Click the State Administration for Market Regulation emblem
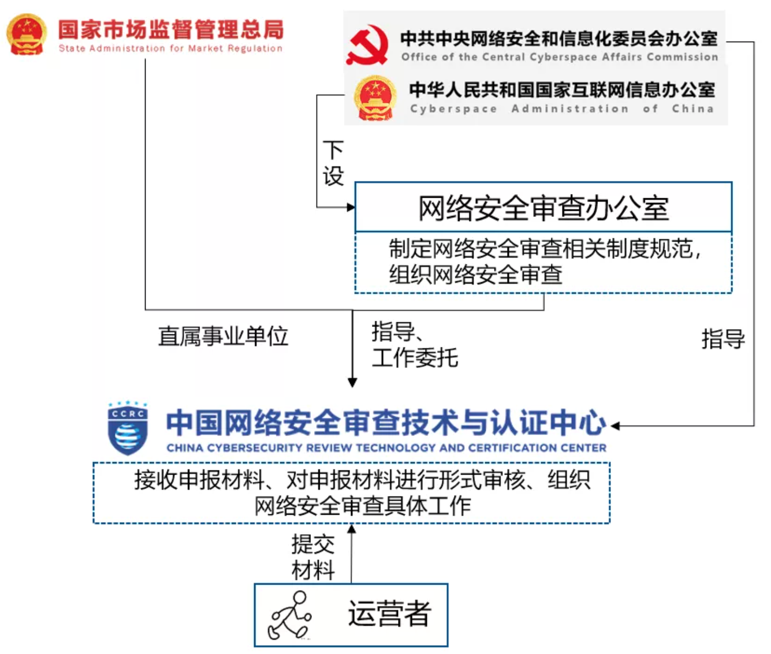point(26,34)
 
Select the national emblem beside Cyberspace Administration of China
point(375,98)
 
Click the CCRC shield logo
point(127,428)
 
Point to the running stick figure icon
point(290,616)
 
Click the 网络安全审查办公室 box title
point(543,208)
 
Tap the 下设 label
point(333,163)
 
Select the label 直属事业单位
point(223,336)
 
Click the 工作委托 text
point(415,358)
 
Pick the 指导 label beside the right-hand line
point(722,339)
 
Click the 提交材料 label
point(313,557)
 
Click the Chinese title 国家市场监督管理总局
point(171,30)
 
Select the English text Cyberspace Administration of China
point(561,109)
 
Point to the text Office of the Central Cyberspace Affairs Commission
point(559,57)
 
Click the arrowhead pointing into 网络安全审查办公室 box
point(351,207)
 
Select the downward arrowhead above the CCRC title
point(353,382)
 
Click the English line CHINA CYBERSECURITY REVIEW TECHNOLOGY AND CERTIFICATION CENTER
point(386,448)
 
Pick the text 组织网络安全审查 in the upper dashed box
point(475,275)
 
